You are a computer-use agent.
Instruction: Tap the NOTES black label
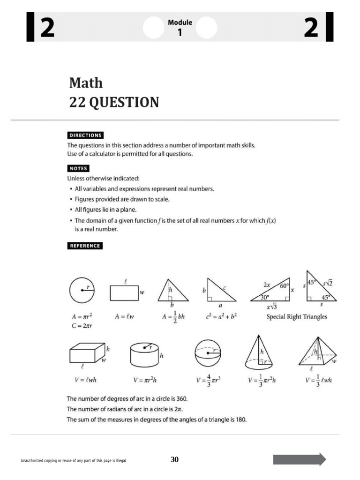(x=78, y=168)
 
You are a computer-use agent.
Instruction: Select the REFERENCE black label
(x=85, y=246)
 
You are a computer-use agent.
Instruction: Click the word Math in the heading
(x=86, y=83)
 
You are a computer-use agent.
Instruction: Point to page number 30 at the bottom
(x=175, y=460)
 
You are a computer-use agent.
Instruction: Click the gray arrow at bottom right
(x=299, y=459)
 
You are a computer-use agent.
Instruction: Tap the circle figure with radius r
(x=82, y=291)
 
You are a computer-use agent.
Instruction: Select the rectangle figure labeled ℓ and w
(x=124, y=293)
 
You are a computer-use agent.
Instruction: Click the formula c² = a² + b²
(x=221, y=316)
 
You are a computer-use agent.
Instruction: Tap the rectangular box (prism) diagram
(x=87, y=353)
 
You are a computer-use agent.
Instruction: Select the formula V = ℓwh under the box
(x=85, y=380)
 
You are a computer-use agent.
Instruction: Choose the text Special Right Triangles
(x=297, y=316)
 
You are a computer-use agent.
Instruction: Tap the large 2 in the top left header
(x=46, y=29)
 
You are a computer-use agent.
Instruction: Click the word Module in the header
(x=180, y=22)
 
